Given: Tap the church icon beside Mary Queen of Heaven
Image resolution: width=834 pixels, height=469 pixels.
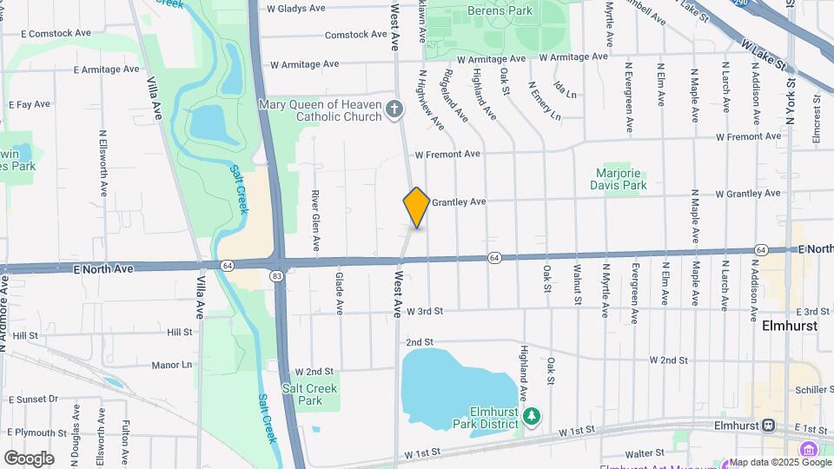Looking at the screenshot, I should click(x=394, y=109).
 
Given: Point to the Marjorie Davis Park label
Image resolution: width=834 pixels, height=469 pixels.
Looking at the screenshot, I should click(x=622, y=179).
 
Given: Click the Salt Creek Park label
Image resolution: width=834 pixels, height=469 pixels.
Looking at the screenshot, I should click(x=309, y=394).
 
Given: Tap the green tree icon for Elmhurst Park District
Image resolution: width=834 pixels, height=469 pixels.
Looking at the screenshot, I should click(x=533, y=417).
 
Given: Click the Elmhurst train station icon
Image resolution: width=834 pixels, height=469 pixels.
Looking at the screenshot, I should click(x=768, y=426).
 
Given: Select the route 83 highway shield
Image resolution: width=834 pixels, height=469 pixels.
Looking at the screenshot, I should click(x=276, y=276).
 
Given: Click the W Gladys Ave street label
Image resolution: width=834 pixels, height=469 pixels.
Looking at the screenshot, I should click(x=296, y=8).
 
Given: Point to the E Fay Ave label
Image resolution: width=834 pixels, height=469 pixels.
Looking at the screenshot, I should click(x=30, y=104).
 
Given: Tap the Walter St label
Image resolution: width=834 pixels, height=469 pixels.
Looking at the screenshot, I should click(x=645, y=452).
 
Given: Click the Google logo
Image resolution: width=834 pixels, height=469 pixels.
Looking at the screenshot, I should click(x=29, y=458).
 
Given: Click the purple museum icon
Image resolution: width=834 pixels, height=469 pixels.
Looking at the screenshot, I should click(x=809, y=449).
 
